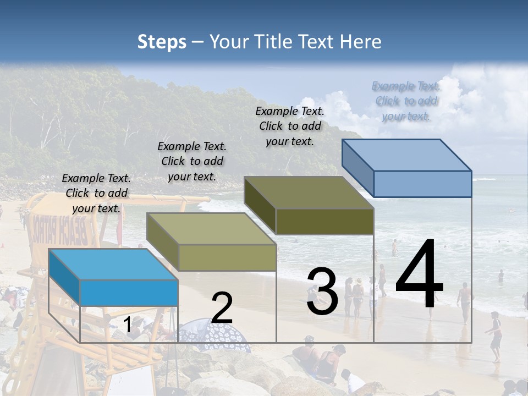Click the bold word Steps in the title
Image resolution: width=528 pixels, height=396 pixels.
coord(161,42)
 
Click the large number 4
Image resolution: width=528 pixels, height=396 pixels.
coord(419,274)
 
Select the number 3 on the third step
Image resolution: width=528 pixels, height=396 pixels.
coord(322,292)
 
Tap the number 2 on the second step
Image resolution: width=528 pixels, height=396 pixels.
coord(222,308)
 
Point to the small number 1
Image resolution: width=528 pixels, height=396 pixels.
coord(128,326)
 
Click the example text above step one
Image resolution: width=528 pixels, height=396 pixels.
coord(96,193)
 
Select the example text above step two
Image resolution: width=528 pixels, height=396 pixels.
coord(192,161)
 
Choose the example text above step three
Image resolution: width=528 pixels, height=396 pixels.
coord(290,126)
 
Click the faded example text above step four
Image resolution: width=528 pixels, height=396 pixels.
coord(406,101)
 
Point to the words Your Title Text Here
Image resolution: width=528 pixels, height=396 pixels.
coord(295,42)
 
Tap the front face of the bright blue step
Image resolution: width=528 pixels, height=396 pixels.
coord(129,293)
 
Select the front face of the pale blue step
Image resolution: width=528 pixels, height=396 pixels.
coord(422,184)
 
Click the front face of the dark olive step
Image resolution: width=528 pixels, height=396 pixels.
coord(324,221)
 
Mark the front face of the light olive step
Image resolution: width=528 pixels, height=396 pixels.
coord(227,257)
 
